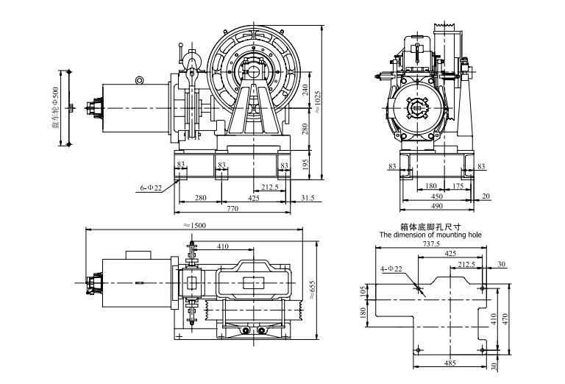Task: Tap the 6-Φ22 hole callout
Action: pyautogui.click(x=151, y=188)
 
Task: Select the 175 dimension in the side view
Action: pyautogui.click(x=458, y=187)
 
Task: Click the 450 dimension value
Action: pyautogui.click(x=436, y=197)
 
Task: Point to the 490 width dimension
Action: pyautogui.click(x=436, y=208)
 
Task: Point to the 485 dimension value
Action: pyautogui.click(x=449, y=363)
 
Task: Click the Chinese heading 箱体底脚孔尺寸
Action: pyautogui.click(x=430, y=227)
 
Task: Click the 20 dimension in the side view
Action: pyautogui.click(x=486, y=197)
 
